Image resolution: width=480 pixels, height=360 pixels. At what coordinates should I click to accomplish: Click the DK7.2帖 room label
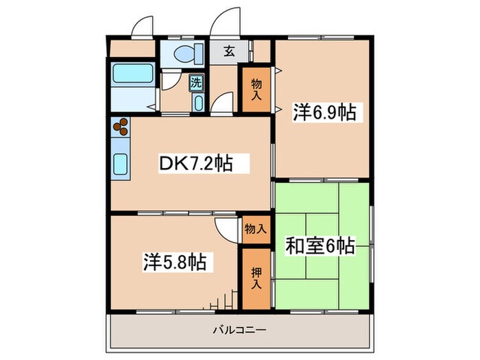[x=195, y=164]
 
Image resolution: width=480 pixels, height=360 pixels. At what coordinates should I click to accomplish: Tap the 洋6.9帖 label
[x=326, y=112]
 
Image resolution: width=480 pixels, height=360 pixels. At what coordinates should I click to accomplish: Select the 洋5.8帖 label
[x=176, y=263]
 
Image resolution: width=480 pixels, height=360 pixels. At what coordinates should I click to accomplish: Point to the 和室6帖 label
[x=322, y=245]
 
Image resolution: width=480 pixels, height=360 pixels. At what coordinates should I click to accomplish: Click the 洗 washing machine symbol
[x=196, y=82]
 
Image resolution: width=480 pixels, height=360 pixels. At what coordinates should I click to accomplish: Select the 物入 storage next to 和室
[x=255, y=229]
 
